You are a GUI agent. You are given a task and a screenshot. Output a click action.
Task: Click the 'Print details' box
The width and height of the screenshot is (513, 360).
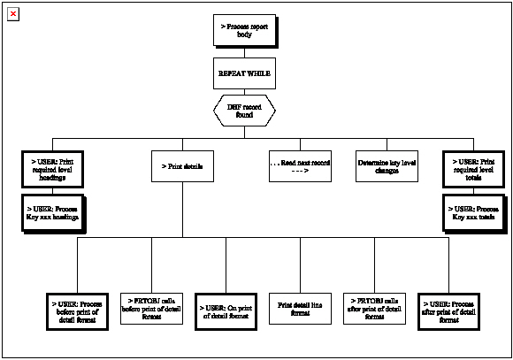point(183,166)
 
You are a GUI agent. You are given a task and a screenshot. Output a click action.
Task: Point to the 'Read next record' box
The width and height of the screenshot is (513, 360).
point(300,166)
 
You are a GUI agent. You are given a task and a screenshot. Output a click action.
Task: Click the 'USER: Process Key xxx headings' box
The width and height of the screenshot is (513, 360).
point(52,211)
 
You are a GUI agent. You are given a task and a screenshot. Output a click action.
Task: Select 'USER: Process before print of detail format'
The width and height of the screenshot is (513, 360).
point(77,310)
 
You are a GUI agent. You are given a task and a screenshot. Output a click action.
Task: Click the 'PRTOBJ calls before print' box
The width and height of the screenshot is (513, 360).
point(151,310)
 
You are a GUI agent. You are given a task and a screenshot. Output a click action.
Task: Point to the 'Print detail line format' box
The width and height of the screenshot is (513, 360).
point(300,310)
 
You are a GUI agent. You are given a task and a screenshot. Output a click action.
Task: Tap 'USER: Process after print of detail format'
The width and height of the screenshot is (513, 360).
point(449,310)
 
